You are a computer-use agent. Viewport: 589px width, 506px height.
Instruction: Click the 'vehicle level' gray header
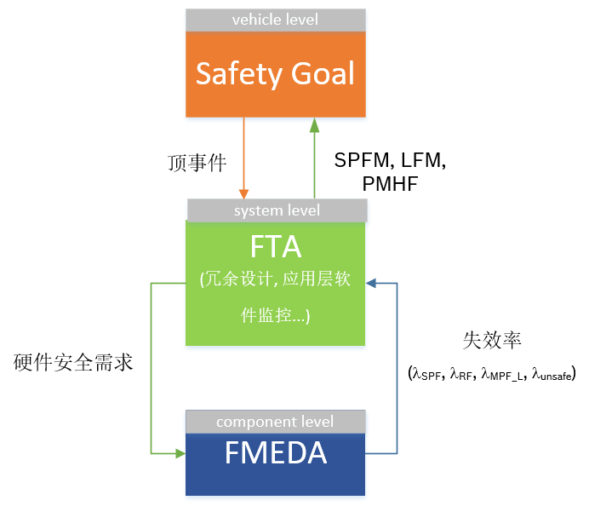(276, 19)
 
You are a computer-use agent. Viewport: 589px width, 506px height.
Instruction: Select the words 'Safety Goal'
(276, 73)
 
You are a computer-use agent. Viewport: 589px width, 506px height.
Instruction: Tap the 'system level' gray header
(276, 210)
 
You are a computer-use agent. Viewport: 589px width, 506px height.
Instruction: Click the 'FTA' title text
(276, 247)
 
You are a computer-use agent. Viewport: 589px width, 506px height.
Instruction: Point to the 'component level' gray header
(276, 422)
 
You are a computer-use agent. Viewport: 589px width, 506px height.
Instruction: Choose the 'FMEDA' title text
(276, 453)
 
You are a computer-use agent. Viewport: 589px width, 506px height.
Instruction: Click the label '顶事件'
(197, 163)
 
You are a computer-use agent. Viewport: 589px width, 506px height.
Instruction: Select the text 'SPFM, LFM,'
(390, 161)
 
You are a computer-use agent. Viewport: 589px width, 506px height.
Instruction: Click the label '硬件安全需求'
(74, 363)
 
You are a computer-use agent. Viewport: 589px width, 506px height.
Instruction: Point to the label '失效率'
(492, 340)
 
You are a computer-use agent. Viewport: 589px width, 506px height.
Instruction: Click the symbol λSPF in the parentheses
(427, 373)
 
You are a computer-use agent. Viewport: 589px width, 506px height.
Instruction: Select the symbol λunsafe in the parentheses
(552, 373)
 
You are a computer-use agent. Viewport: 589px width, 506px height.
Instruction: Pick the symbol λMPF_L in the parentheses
(502, 373)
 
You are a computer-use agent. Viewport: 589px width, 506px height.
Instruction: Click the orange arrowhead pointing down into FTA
(244, 193)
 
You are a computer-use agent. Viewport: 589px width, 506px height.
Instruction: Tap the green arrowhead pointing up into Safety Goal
(314, 124)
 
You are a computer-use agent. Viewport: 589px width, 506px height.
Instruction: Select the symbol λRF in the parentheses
(461, 373)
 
